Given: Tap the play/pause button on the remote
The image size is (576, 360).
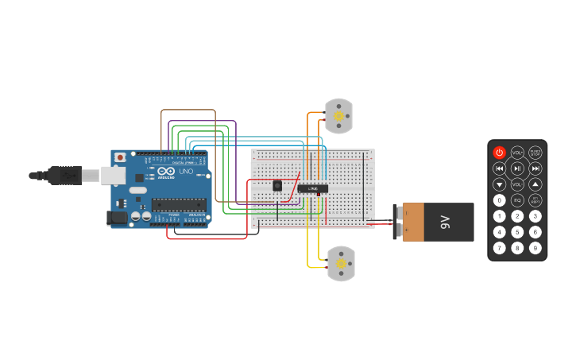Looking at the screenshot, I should click(517, 168).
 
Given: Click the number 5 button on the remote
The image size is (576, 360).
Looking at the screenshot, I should click(517, 232).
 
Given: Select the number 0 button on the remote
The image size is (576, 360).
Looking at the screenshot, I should click(499, 200).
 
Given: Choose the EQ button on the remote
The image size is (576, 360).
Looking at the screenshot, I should click(517, 200).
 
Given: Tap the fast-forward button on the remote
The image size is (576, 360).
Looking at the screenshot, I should click(535, 168).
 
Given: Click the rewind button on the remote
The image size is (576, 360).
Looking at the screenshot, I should click(499, 168).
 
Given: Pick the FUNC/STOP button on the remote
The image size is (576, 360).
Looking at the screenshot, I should click(535, 153).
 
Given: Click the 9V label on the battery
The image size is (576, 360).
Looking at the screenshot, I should click(446, 222).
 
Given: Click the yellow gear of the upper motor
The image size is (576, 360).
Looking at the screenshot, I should click(339, 116).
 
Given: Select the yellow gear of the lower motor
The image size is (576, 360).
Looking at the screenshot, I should click(342, 263).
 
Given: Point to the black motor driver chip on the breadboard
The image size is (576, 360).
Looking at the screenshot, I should click(313, 188).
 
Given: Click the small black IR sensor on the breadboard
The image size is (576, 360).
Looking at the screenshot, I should click(277, 185).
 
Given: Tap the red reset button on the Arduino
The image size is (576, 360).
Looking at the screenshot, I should click(120, 157).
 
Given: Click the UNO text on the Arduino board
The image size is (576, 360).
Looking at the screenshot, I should click(186, 171).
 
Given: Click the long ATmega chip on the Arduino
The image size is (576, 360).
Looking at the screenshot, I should click(179, 204).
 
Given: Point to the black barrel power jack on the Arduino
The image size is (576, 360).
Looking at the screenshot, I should click(117, 217).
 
